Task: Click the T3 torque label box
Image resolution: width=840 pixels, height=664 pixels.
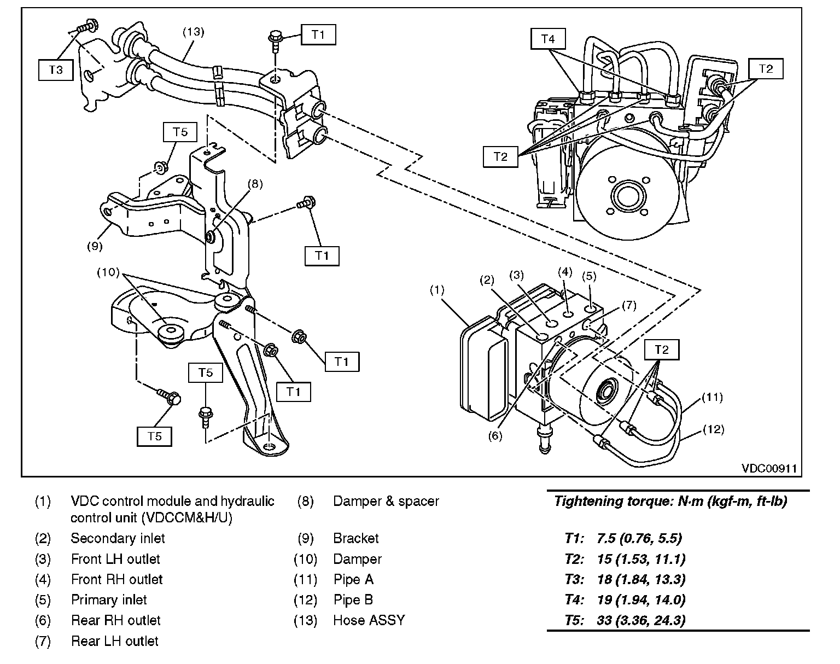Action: pyautogui.click(x=56, y=70)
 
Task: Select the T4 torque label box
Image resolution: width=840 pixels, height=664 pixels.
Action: pyautogui.click(x=548, y=39)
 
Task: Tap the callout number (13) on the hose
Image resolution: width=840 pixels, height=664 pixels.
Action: pyautogui.click(x=193, y=32)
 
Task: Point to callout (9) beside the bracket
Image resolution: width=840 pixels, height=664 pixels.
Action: pyautogui.click(x=95, y=246)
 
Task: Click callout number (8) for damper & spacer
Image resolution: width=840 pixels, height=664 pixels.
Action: pyautogui.click(x=255, y=184)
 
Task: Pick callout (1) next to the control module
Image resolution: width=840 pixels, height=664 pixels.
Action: pyautogui.click(x=437, y=290)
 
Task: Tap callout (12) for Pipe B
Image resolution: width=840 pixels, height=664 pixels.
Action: pyautogui.click(x=713, y=429)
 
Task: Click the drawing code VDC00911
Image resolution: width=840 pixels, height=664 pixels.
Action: pyautogui.click(x=769, y=469)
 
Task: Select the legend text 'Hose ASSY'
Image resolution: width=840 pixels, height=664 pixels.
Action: pyautogui.click(x=369, y=620)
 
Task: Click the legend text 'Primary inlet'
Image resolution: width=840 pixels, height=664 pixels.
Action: pyautogui.click(x=109, y=600)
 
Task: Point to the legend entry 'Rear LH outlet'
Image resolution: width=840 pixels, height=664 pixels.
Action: pyautogui.click(x=115, y=641)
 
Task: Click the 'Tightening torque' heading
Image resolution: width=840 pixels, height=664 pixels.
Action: pyautogui.click(x=670, y=501)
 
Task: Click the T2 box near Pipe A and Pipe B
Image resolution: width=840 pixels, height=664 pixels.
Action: pyautogui.click(x=662, y=350)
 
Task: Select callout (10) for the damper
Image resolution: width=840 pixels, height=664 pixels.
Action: pyautogui.click(x=108, y=272)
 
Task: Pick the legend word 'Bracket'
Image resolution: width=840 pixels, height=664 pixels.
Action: pyautogui.click(x=356, y=538)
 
